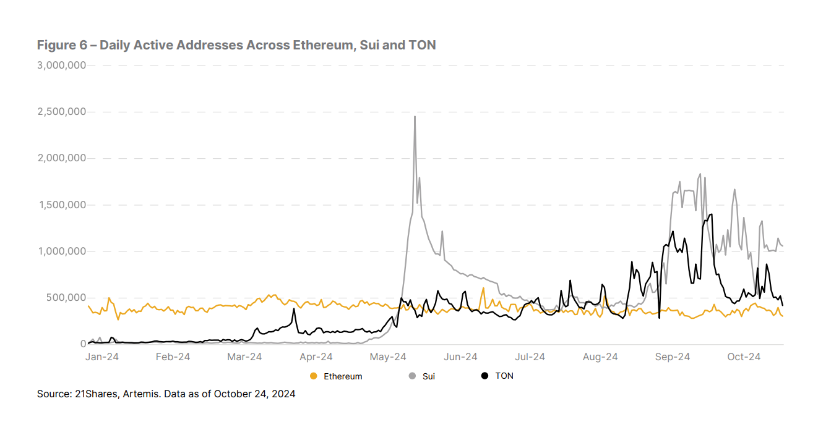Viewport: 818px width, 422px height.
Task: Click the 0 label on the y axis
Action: pos(82,344)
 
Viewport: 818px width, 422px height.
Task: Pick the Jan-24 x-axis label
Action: pos(102,357)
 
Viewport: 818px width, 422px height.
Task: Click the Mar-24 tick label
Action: pos(245,357)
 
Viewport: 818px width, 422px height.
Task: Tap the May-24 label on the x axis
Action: pos(387,357)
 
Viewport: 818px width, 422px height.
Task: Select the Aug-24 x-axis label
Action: pos(600,357)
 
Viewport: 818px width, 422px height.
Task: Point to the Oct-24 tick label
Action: pos(743,357)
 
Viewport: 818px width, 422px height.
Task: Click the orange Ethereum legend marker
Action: pos(314,376)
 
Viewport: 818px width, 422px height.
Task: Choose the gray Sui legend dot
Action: pos(412,376)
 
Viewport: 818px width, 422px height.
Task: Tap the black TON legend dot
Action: pos(485,376)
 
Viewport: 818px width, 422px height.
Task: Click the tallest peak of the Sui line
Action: pos(415,117)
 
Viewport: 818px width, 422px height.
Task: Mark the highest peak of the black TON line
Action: pos(712,214)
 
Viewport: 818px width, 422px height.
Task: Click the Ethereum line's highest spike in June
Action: pos(483,288)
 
